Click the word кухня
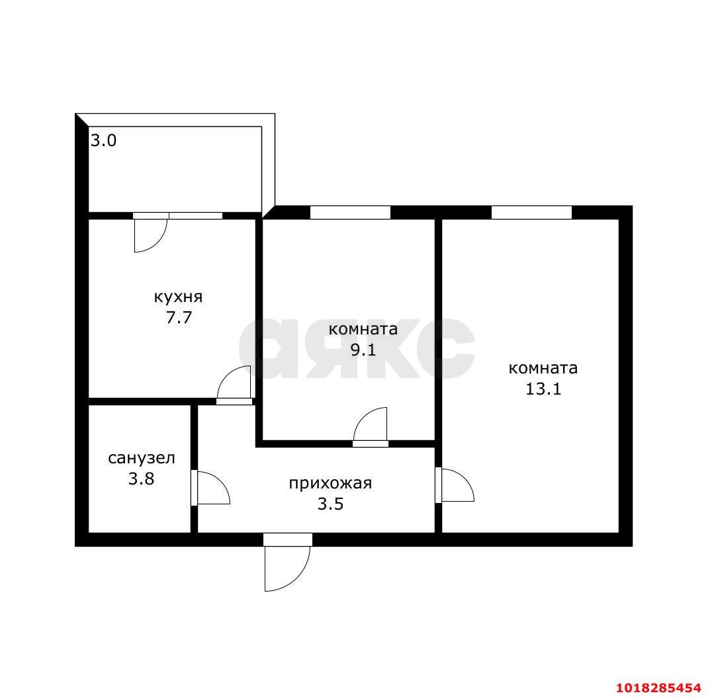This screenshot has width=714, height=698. click(x=178, y=297)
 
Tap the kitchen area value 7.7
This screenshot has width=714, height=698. click(x=179, y=317)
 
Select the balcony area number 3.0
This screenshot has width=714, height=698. click(x=103, y=140)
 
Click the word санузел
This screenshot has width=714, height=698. click(x=142, y=458)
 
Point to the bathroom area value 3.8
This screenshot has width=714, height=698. click(x=141, y=479)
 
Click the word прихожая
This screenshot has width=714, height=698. click(x=331, y=483)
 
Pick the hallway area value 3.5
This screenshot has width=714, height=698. click(x=331, y=504)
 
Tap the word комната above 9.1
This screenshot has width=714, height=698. click(x=363, y=329)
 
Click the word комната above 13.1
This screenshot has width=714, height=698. click(x=543, y=368)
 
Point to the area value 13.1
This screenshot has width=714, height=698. click(x=543, y=389)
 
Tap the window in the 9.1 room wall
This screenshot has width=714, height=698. click(x=350, y=212)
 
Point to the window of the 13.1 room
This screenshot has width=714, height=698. click(x=531, y=212)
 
